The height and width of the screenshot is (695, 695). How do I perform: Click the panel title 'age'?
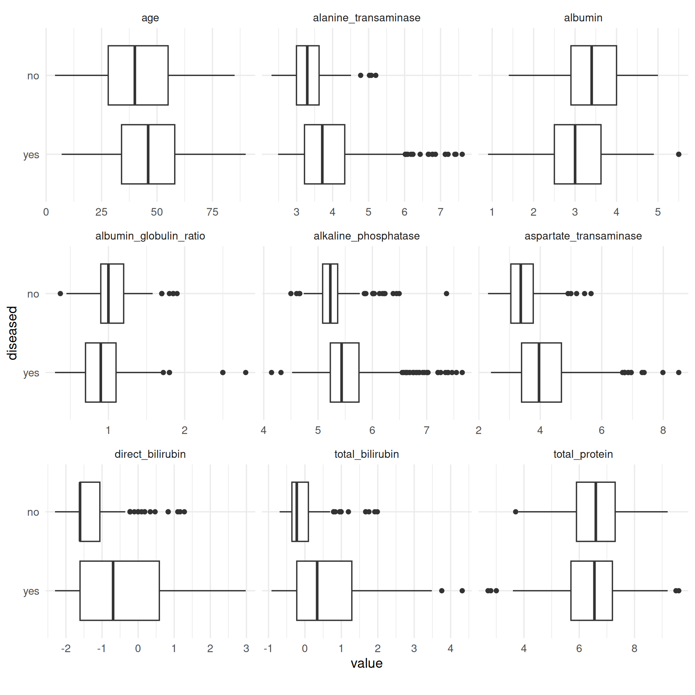tap(150, 18)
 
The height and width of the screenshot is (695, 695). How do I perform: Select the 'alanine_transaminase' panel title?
tap(366, 18)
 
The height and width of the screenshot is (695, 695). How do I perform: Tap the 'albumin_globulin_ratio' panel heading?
tap(150, 236)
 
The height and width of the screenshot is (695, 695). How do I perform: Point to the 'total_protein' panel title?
tap(583, 454)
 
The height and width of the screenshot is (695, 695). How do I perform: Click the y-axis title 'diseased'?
tap(12, 333)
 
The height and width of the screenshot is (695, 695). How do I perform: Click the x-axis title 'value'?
tap(366, 664)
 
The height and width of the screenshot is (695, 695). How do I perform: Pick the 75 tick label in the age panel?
tap(212, 212)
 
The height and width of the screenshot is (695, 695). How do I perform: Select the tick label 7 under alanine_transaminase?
tap(440, 212)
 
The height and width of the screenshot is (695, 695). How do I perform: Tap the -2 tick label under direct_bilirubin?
tap(66, 648)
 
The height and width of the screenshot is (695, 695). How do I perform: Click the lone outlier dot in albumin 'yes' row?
tap(679, 155)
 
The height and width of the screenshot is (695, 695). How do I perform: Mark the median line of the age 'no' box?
tap(135, 75)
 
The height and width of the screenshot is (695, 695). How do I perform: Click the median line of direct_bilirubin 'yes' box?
tap(113, 591)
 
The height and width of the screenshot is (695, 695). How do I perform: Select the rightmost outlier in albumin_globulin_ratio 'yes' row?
tap(245, 372)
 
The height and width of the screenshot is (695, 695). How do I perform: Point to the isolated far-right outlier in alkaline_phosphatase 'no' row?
tap(446, 294)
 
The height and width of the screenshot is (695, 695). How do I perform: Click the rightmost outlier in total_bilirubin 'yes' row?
tap(462, 591)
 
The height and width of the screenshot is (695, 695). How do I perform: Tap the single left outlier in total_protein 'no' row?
tap(515, 512)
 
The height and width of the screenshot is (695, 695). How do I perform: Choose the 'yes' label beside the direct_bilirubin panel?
tap(31, 591)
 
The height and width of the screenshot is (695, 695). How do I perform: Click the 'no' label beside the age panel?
tap(33, 76)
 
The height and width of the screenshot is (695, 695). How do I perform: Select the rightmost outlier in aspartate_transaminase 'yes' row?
tap(679, 372)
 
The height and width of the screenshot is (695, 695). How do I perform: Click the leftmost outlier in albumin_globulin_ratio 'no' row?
tap(60, 294)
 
